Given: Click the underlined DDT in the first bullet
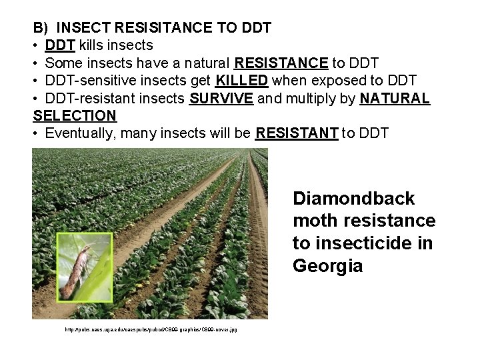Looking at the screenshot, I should pyautogui.click(x=60, y=45).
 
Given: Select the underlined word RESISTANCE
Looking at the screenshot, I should pyautogui.click(x=281, y=63).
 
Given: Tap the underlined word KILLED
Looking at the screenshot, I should pyautogui.click(x=242, y=81).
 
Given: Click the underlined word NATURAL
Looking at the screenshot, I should pyautogui.click(x=395, y=99).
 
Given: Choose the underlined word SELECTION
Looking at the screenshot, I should pyautogui.click(x=75, y=115).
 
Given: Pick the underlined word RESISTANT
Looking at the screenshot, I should pyautogui.click(x=297, y=133).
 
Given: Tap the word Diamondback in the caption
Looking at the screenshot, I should pyautogui.click(x=353, y=199).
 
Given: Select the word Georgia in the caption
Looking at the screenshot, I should pyautogui.click(x=327, y=266).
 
